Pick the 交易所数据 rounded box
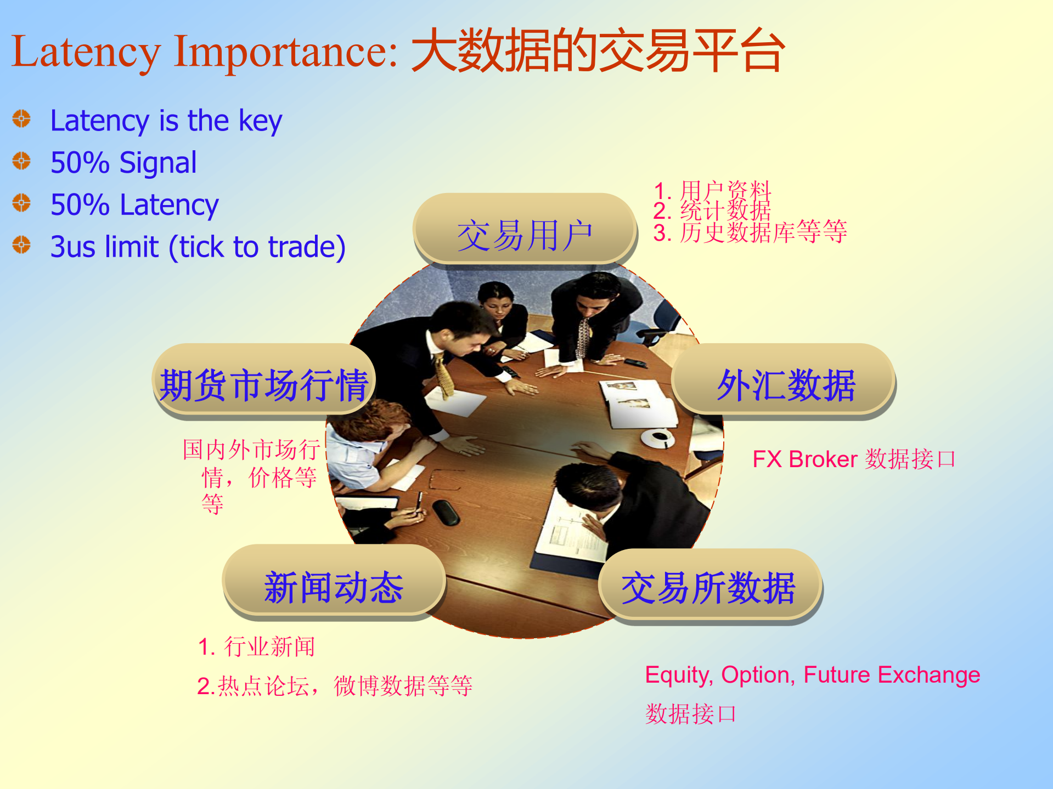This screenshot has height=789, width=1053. (709, 586)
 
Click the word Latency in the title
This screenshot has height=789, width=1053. (86, 53)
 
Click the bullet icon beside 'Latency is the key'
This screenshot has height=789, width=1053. (21, 118)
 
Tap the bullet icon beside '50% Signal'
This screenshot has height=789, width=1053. (21, 161)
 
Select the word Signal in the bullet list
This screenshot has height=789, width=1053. (158, 163)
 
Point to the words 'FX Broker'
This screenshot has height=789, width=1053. (804, 459)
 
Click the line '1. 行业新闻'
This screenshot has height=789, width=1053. (256, 647)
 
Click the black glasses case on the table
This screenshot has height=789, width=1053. (446, 512)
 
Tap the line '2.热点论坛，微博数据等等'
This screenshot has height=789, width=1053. (335, 686)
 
